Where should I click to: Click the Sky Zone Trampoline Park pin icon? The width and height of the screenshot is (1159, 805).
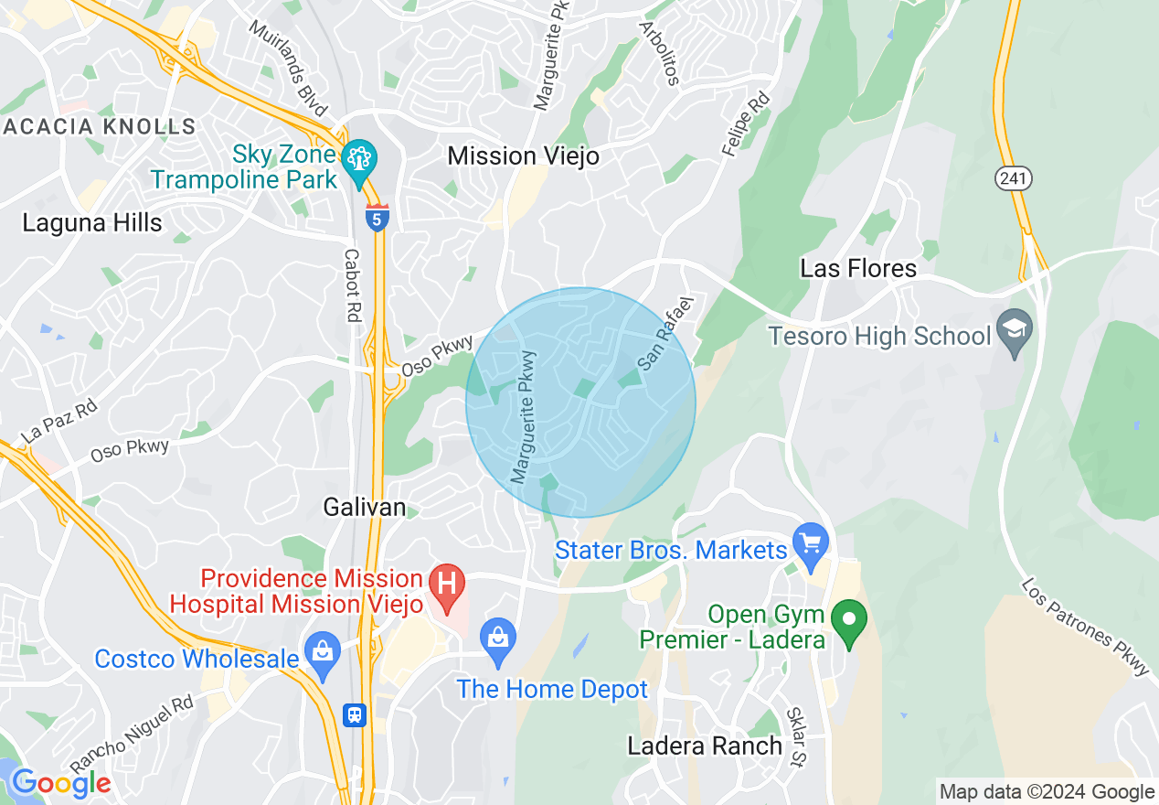(x=357, y=158)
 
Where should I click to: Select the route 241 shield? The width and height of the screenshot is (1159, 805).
(x=1014, y=178)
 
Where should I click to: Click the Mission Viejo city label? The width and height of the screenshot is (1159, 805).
(x=523, y=156)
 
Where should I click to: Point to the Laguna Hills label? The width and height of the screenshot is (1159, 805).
(x=92, y=222)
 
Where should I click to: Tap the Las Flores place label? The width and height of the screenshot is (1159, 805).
(x=857, y=268)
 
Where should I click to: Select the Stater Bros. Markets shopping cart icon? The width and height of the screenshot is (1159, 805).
(x=810, y=543)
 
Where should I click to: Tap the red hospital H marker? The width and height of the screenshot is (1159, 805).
(x=447, y=584)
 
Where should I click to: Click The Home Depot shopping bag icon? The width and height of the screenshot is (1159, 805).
(x=498, y=637)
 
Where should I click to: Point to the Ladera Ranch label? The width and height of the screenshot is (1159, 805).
(x=705, y=746)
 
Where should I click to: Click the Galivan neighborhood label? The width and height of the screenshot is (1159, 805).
(x=365, y=507)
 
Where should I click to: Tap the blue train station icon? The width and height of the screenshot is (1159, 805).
(x=355, y=714)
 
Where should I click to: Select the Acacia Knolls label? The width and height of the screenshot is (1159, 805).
(x=99, y=126)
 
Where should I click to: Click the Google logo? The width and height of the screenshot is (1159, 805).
(x=60, y=783)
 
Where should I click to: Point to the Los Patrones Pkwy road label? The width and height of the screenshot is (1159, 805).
(x=1085, y=627)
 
